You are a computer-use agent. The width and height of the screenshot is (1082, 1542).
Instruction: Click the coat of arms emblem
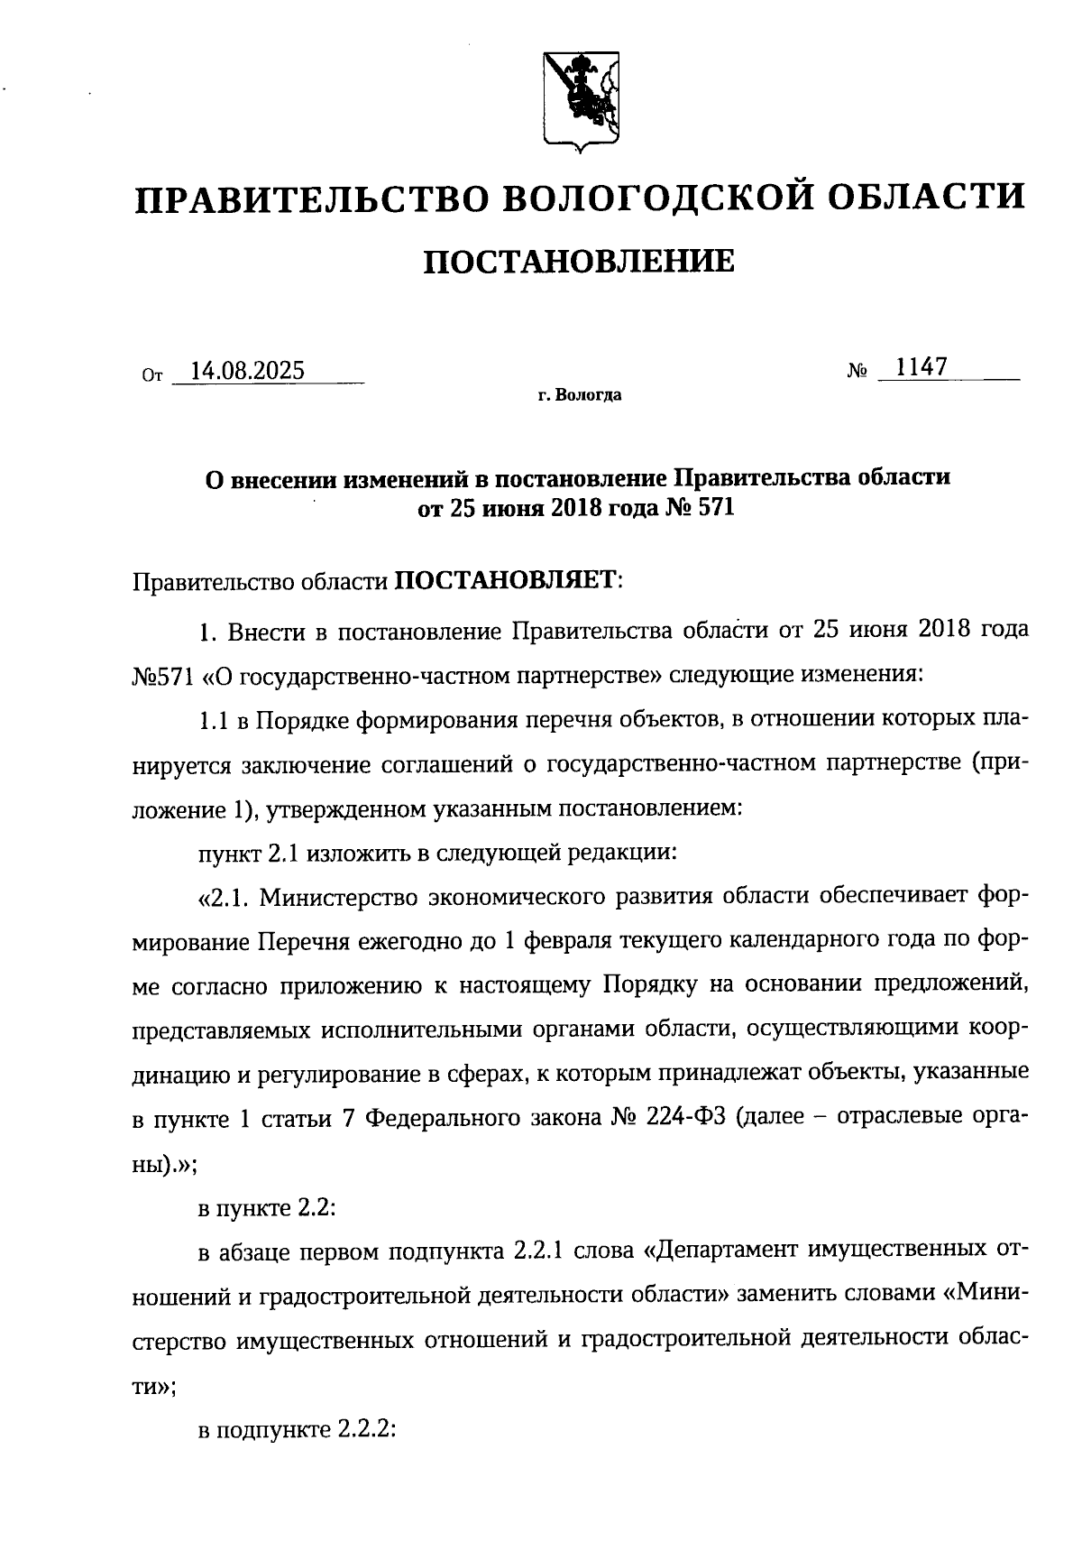tap(582, 99)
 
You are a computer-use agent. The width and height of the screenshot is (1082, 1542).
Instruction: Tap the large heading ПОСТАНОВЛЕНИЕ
tap(579, 262)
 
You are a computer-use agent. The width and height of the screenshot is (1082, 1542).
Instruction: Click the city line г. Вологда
tap(579, 395)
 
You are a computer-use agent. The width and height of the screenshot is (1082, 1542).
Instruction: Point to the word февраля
tap(571, 941)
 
